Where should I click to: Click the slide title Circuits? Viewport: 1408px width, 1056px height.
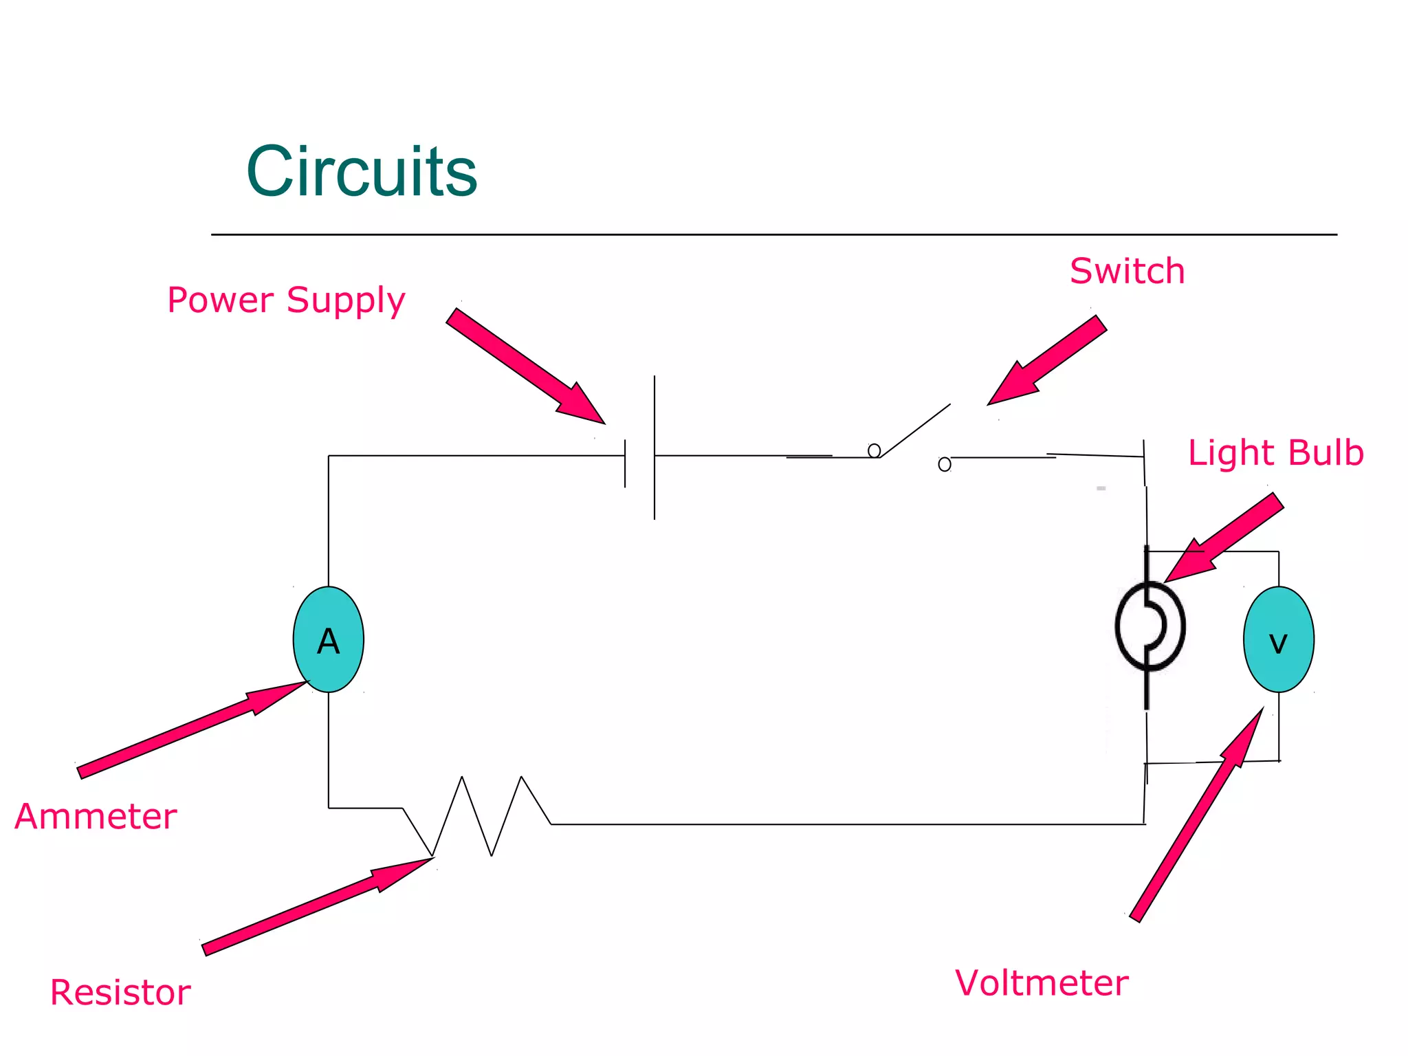tap(362, 171)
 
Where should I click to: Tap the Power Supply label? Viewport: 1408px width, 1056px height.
tap(286, 300)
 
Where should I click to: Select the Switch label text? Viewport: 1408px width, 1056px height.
tap(1127, 271)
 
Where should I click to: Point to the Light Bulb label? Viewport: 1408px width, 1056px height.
tap(1276, 453)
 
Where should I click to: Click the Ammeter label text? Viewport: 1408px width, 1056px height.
tap(96, 817)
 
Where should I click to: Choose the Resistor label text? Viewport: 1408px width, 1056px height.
tap(120, 993)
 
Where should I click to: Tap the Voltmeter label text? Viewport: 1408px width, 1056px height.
tap(1042, 983)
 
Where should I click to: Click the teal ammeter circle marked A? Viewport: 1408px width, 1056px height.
tap(329, 639)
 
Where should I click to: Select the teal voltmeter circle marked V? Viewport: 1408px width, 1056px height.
tap(1279, 639)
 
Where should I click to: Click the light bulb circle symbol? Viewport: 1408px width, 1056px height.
tap(1149, 626)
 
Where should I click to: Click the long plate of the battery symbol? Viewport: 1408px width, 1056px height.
tap(654, 447)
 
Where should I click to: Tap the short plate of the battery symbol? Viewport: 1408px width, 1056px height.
tap(625, 464)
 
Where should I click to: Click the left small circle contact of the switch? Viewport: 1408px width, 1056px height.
tap(874, 450)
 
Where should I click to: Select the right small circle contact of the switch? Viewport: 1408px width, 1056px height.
tap(945, 465)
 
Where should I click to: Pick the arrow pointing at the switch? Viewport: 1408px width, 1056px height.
tap(1048, 360)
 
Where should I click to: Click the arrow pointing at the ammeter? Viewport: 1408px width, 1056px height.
tap(192, 729)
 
